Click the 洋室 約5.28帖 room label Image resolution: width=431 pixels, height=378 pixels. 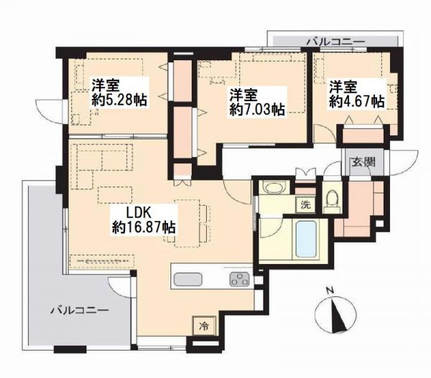(119, 93)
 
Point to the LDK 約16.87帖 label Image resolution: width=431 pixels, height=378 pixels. (143, 220)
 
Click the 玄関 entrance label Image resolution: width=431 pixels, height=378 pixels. (363, 163)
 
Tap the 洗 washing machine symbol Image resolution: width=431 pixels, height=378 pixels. (305, 205)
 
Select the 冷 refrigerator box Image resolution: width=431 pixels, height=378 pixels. (204, 326)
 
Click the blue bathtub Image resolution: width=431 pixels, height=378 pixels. (306, 239)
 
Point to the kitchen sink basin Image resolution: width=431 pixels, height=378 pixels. (187, 280)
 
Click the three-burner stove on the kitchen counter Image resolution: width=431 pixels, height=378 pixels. (239, 279)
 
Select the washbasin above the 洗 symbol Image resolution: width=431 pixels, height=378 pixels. (273, 189)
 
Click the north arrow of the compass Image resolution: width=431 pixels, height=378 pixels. (337, 316)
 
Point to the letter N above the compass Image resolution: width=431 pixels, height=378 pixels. (330, 290)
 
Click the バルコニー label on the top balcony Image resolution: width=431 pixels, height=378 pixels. (336, 42)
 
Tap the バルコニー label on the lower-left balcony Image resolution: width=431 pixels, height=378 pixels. (80, 311)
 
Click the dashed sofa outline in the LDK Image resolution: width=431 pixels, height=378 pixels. (101, 157)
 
